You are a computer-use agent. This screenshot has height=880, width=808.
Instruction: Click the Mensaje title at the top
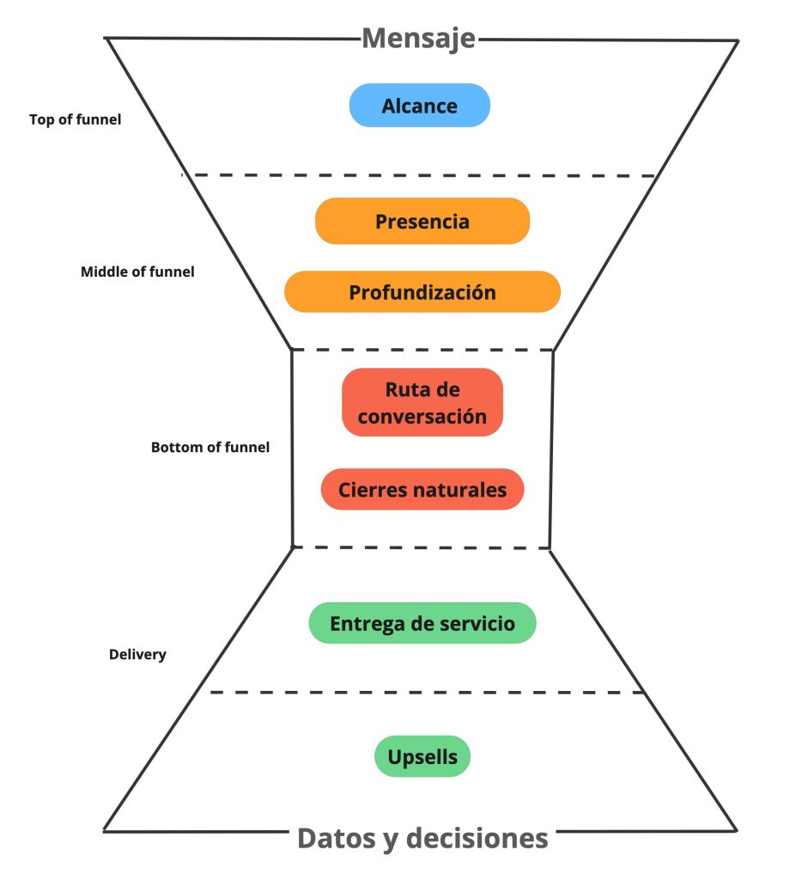[418, 38]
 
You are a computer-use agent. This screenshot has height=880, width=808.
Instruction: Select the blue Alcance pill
[419, 106]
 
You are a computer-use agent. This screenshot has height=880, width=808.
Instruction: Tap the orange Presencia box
[422, 222]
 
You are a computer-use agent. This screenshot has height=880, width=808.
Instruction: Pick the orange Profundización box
[422, 292]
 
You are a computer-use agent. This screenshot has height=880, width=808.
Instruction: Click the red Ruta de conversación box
[422, 402]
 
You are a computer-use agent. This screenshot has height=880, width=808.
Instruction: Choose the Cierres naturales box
[422, 490]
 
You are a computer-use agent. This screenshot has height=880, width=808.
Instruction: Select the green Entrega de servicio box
[422, 623]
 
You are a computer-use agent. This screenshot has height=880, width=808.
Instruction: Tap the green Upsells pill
[422, 757]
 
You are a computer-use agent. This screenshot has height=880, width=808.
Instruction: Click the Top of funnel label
[75, 120]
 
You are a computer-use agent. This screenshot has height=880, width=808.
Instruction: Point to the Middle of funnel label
[137, 272]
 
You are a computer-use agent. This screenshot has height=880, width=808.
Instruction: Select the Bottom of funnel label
[210, 447]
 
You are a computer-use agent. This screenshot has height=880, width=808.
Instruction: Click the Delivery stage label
[137, 654]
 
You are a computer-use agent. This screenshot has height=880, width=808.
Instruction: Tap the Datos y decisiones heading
[422, 838]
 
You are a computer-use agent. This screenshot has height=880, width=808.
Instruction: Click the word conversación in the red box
[422, 417]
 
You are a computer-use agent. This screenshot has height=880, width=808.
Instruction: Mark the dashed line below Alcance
[422, 175]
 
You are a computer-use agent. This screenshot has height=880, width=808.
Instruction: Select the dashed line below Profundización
[422, 350]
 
